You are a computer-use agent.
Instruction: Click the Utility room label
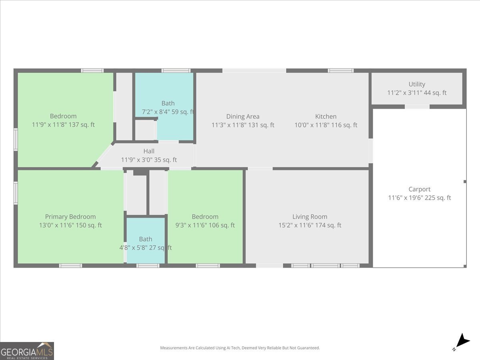point(417,84)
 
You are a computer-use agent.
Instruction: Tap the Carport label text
point(419,189)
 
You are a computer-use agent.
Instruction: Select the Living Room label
point(310,217)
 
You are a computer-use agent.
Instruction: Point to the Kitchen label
point(326,116)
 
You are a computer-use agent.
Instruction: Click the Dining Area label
point(243,116)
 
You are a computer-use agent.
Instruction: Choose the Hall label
point(149,151)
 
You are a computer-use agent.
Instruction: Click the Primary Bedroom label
point(70,217)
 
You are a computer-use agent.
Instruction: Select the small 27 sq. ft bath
point(146,240)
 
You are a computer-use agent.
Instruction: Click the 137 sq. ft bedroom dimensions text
point(63,125)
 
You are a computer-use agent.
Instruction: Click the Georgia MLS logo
point(27,351)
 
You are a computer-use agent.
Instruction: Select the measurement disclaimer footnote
point(240,348)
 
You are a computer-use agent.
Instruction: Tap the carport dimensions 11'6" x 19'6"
point(419,198)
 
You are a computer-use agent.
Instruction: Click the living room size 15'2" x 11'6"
point(310,225)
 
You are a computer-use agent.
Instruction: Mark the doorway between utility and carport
point(417,107)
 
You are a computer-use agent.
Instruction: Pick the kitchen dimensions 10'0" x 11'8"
point(326,125)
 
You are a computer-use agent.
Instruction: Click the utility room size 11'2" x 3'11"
point(417,93)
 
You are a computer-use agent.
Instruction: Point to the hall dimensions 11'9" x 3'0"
point(149,160)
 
